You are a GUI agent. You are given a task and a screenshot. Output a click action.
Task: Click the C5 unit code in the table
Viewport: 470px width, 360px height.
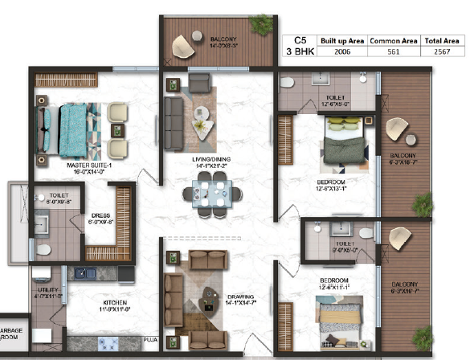(301, 39)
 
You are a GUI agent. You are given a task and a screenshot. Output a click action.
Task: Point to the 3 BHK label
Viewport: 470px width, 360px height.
(301, 51)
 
